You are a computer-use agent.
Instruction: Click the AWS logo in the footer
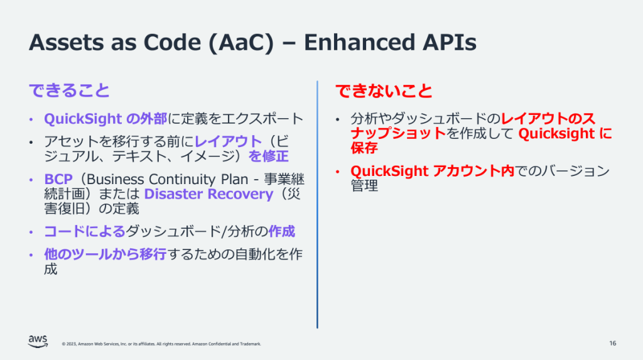tap(38, 341)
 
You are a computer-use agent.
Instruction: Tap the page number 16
tap(612, 343)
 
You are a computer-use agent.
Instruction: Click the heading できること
tap(69, 90)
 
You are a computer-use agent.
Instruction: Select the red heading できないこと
tap(384, 90)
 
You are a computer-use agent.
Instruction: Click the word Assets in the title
tap(65, 42)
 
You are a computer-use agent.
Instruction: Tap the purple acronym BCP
tap(58, 178)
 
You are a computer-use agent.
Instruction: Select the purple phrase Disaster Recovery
tap(208, 194)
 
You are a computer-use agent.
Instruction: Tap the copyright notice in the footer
tap(161, 344)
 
